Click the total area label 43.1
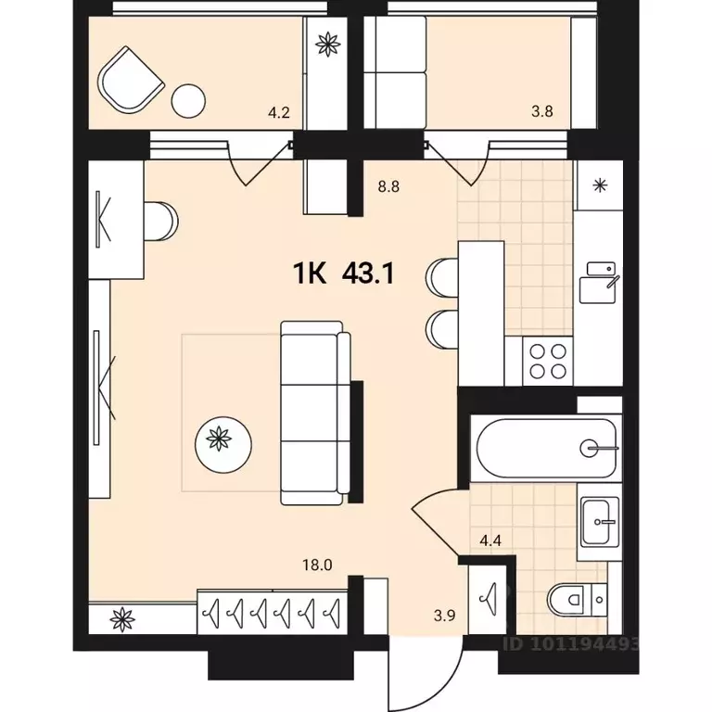(370, 273)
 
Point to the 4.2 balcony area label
(279, 115)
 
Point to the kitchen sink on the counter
(599, 282)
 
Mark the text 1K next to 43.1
(311, 273)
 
